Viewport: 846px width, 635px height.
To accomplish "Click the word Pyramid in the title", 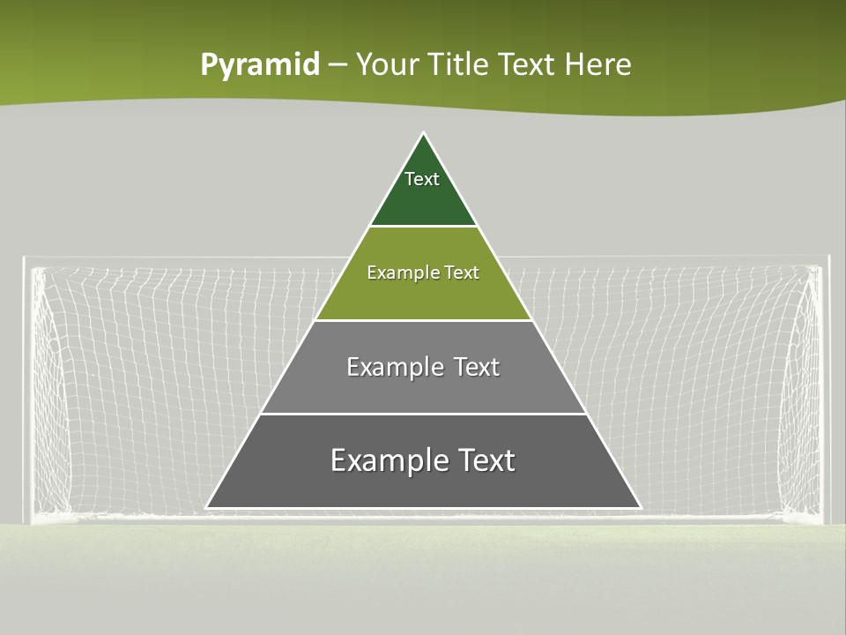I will pyautogui.click(x=260, y=65).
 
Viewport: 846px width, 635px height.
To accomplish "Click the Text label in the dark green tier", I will pyautogui.click(x=422, y=179).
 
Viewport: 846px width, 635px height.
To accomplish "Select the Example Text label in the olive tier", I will pyautogui.click(x=423, y=273).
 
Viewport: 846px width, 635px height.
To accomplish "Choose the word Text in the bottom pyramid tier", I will pyautogui.click(x=483, y=460).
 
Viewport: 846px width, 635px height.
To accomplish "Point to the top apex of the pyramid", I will pyautogui.click(x=424, y=134).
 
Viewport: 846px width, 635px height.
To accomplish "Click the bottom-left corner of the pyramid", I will pyautogui.click(x=207, y=507).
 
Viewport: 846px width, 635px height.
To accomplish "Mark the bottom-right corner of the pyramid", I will pyautogui.click(x=640, y=507).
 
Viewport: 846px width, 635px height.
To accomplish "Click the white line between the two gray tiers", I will pyautogui.click(x=423, y=414).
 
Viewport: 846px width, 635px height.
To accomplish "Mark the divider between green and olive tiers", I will pyautogui.click(x=423, y=227).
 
